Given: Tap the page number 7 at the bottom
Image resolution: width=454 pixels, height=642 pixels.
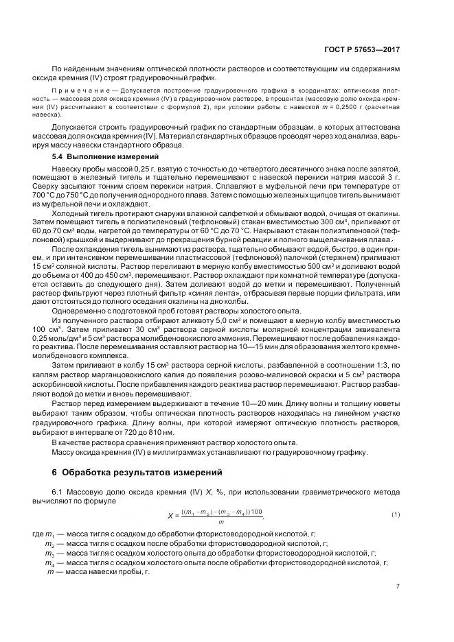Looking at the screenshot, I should pos(398,586).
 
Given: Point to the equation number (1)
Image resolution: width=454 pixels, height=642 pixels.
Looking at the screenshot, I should pos(396,514).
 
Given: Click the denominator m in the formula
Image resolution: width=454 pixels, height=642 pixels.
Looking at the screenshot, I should pos(219,523).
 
